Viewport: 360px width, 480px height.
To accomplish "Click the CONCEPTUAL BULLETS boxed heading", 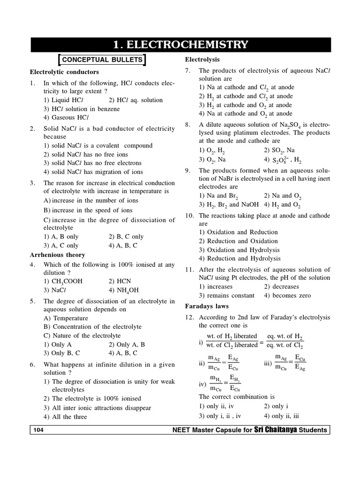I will [101, 60].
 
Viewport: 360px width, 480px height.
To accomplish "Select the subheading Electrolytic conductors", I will [64, 72].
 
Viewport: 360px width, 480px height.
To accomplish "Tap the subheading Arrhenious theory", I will [57, 255].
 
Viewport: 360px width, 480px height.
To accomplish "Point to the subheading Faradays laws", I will [207, 306].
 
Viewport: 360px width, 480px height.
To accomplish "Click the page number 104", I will [39, 430].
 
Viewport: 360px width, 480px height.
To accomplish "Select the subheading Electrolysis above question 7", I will [202, 60].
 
